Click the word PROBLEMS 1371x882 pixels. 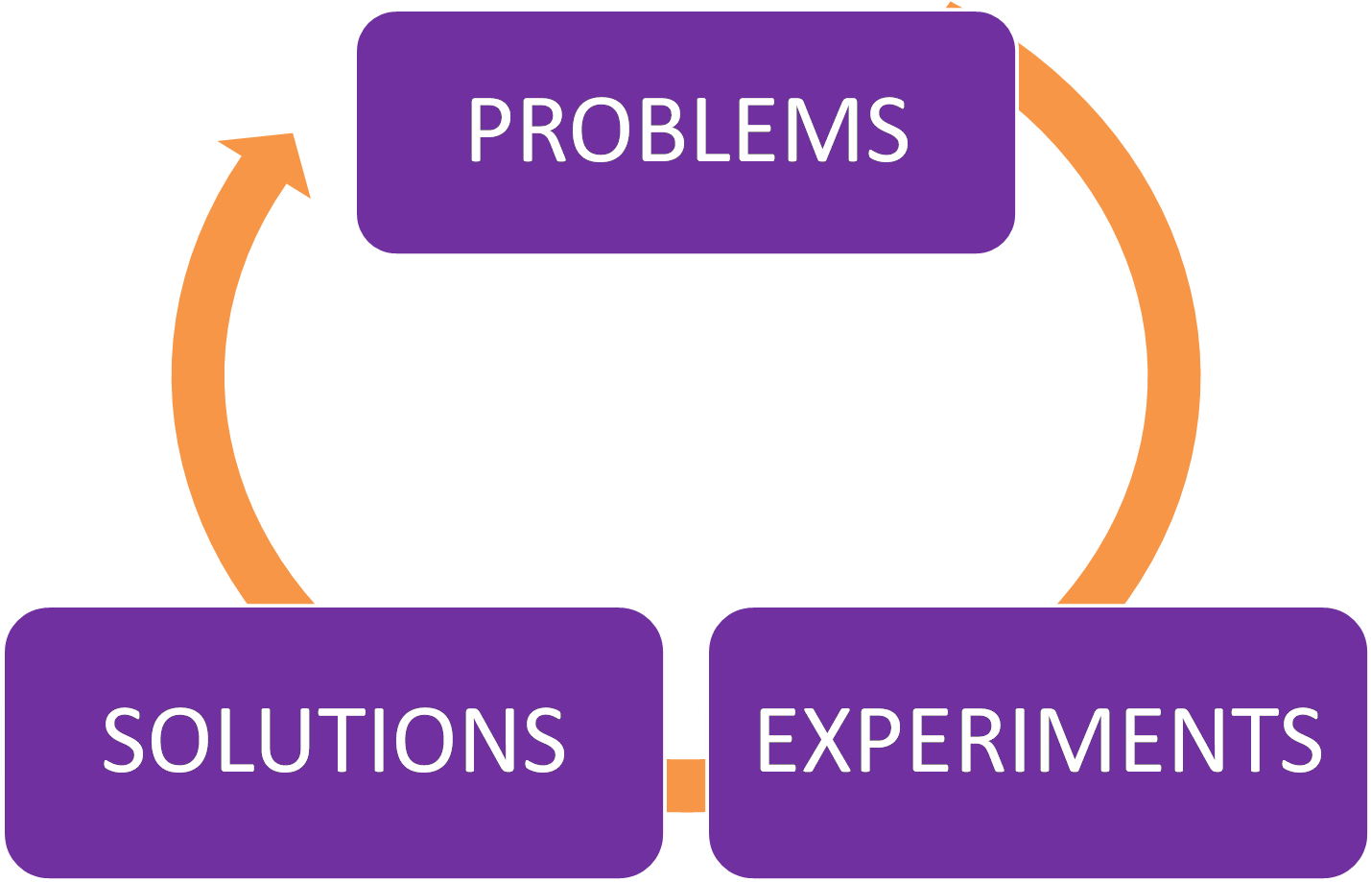(x=687, y=131)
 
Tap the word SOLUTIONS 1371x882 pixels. (x=334, y=739)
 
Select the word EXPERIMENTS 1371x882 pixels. (x=1039, y=739)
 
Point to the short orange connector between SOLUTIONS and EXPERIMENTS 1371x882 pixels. (x=686, y=785)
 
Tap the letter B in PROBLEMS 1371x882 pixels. (x=673, y=131)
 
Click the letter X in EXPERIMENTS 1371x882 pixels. (x=826, y=739)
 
